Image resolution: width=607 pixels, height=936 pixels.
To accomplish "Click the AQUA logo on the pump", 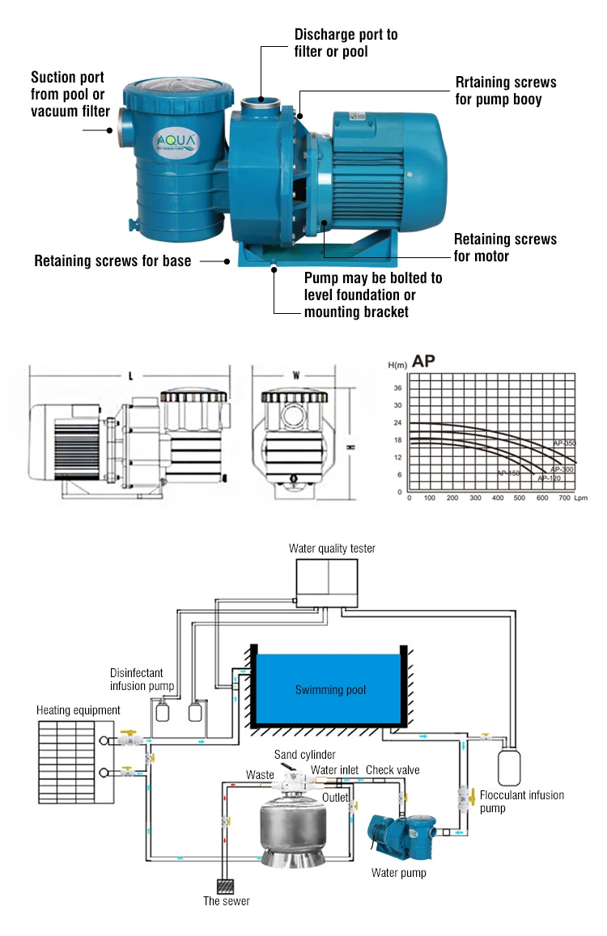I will (175, 142).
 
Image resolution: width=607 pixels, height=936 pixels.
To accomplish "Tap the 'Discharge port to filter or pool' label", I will (346, 43).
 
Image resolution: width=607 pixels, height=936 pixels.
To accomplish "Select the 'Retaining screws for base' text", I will (112, 261).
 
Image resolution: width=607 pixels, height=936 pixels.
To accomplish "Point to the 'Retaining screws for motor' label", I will (505, 248).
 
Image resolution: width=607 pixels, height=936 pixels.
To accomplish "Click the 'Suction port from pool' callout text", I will (70, 95).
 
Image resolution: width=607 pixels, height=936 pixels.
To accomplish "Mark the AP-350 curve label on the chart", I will (564, 444).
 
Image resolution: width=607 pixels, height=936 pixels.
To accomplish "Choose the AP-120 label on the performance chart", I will (549, 479).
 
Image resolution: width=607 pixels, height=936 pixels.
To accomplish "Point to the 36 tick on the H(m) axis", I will (397, 388).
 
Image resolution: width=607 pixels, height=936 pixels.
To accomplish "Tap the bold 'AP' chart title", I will (424, 361).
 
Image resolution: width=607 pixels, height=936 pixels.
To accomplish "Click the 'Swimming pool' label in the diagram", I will (330, 690).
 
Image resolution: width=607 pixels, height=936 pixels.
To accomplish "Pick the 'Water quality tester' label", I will (332, 548).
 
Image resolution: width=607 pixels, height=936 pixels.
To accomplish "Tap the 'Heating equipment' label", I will (79, 710).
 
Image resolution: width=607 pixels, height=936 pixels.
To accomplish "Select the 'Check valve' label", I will (393, 770).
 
